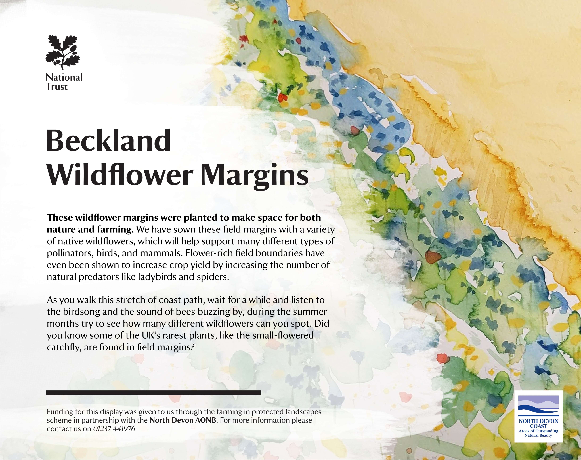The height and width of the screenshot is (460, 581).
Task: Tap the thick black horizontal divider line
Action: click(154, 393)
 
